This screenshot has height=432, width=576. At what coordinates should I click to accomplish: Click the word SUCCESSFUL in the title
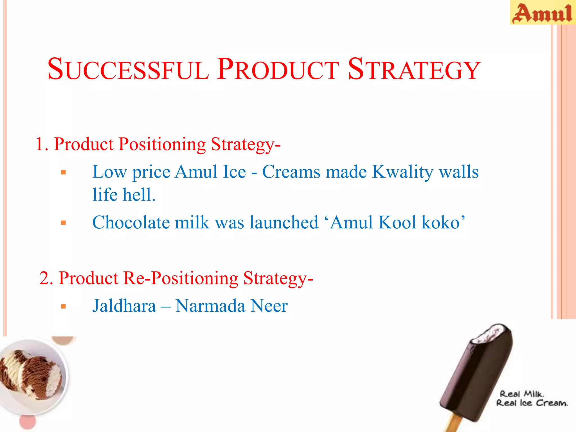[128, 69]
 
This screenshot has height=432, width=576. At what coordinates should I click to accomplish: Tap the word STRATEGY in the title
[414, 69]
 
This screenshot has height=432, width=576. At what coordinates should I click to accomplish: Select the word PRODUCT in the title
[278, 69]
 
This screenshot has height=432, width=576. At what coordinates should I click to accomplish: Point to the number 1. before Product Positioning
[42, 144]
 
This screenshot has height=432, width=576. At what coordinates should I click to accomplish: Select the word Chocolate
[131, 222]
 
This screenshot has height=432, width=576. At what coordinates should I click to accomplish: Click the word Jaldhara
[124, 306]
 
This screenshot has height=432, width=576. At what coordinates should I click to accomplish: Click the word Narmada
[210, 306]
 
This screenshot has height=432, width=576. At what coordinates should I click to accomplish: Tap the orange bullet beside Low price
[63, 172]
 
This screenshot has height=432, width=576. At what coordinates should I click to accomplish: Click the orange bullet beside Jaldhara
[63, 306]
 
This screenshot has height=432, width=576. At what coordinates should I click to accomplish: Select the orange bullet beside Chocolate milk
[63, 223]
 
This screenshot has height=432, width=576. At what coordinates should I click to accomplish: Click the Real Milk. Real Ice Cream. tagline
[532, 399]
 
